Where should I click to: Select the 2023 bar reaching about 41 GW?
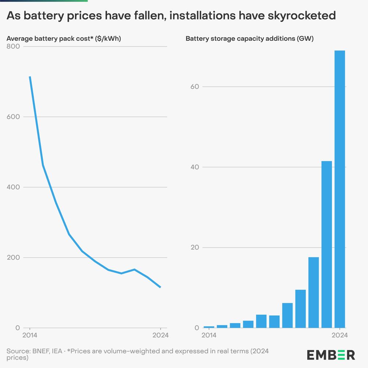326,244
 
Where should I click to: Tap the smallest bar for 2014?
209,327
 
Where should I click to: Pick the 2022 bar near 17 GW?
314,292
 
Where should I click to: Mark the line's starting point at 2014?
30,77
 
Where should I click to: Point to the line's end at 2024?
160,287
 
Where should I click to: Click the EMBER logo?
331,355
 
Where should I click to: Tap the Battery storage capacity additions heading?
249,38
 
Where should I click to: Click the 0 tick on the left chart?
17,328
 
